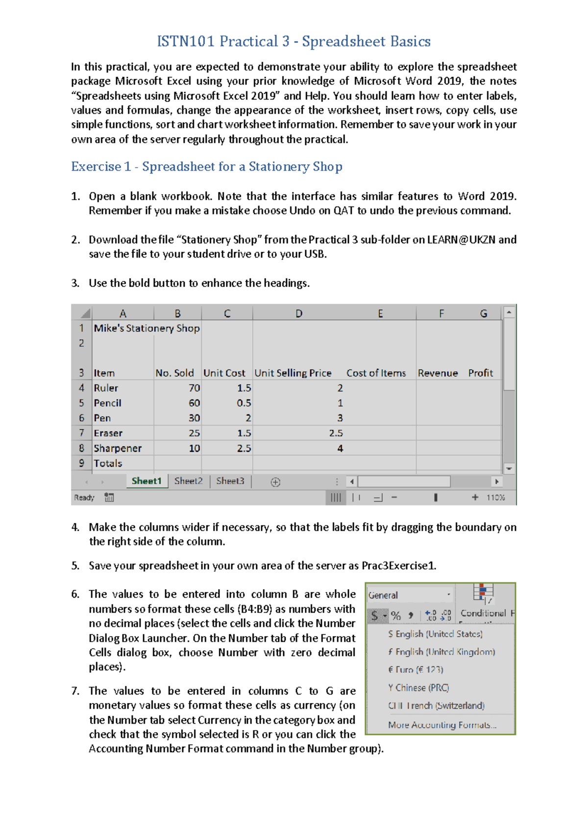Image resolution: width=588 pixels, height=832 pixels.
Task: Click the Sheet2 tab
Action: [x=188, y=481]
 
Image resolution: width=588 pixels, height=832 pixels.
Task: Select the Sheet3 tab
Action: [x=230, y=481]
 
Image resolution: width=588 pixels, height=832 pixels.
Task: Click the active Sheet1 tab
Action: [x=146, y=481]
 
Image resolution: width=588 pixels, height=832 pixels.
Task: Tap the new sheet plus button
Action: [x=275, y=482]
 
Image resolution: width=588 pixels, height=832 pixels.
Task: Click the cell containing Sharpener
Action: [x=118, y=448]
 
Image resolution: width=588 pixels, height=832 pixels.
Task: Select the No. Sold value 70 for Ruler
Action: [x=194, y=388]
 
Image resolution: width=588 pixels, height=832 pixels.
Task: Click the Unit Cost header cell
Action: [x=224, y=373]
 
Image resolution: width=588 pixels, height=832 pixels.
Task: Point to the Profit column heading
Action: [x=480, y=373]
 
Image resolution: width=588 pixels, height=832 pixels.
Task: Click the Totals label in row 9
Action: [x=108, y=464]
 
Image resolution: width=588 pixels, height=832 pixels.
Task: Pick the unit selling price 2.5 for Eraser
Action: [x=336, y=433]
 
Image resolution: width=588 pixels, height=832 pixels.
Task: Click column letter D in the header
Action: [x=299, y=313]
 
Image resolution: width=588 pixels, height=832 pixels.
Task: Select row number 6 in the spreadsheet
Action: [x=81, y=418]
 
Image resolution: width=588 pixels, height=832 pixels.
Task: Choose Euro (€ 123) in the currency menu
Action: [x=416, y=670]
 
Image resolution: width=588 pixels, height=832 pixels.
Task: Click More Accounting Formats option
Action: [x=442, y=725]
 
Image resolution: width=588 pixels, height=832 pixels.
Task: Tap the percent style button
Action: [x=396, y=616]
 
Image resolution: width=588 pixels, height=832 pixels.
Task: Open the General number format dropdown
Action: [x=448, y=595]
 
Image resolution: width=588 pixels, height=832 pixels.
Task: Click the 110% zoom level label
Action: [x=495, y=497]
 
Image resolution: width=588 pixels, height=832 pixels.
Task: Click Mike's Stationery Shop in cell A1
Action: [x=147, y=328]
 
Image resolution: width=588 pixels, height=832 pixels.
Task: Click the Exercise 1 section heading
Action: [x=206, y=167]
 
